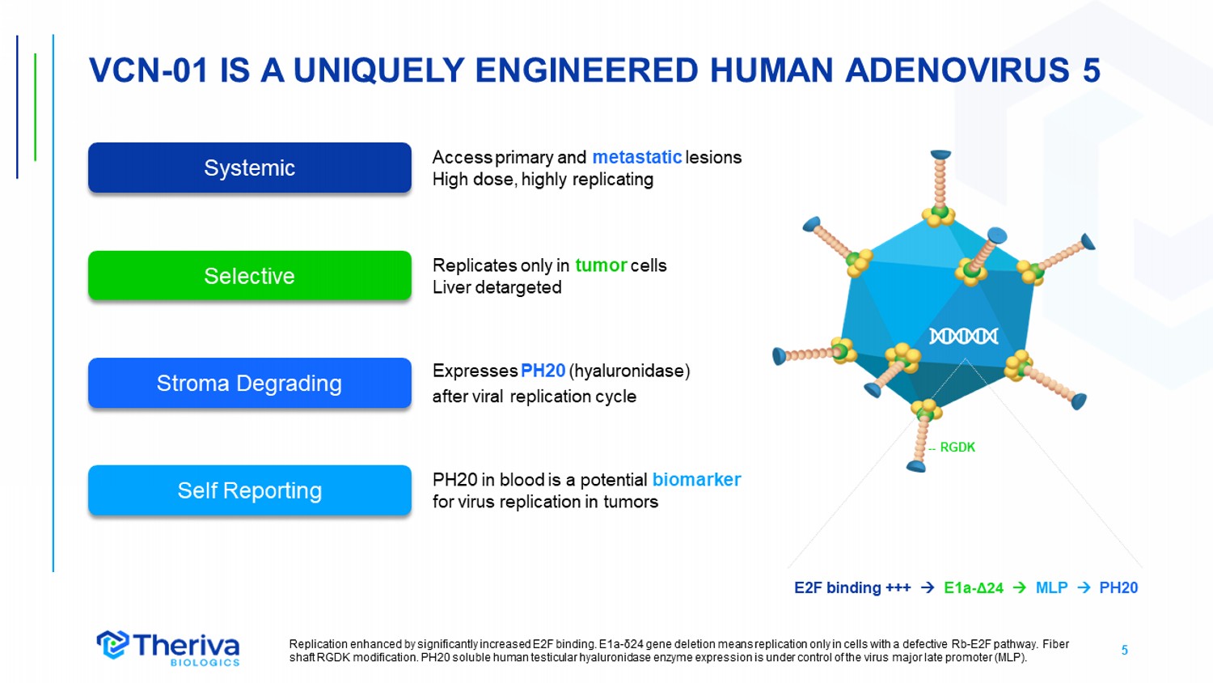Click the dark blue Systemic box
250,168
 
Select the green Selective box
250,275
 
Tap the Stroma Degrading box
250,383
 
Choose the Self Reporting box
250,490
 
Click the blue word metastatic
637,157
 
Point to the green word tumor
601,265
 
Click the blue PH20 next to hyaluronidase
543,371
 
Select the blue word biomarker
696,480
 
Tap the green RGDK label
957,448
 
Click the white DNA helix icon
963,336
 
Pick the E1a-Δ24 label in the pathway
973,588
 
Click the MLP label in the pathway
1051,588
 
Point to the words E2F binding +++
852,588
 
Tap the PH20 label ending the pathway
1118,588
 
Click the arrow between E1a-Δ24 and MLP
1020,588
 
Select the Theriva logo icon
112,644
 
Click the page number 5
1124,650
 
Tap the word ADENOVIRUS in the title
957,70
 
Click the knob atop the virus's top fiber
940,155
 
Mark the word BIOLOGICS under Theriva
205,663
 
